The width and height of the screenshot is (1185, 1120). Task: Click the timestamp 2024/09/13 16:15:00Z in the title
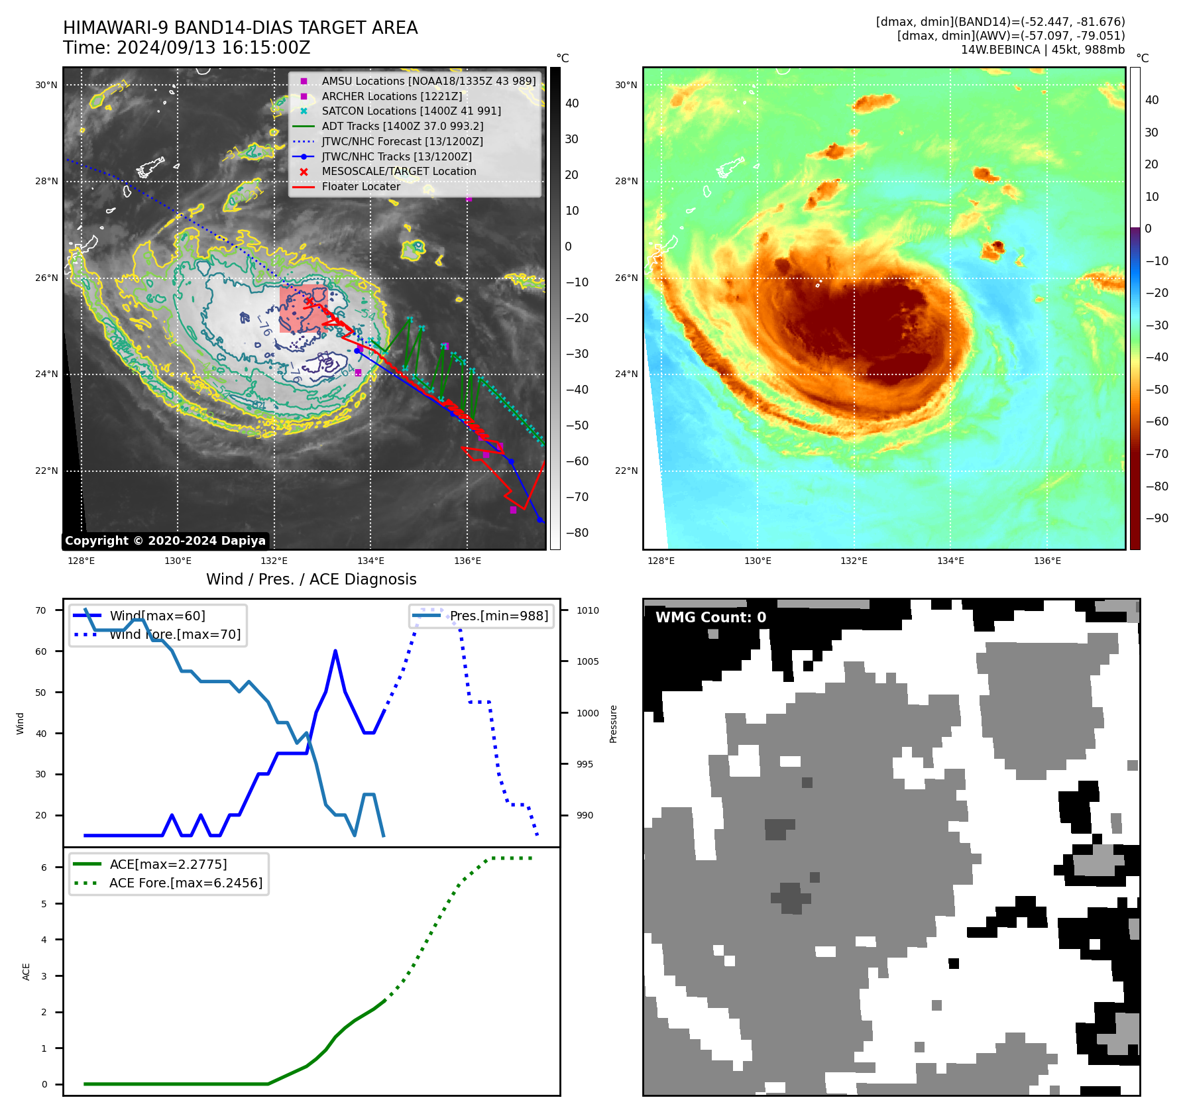pyautogui.click(x=213, y=48)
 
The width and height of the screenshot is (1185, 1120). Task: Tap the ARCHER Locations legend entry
pyautogui.click(x=392, y=96)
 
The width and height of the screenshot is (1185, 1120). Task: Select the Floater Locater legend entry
pyautogui.click(x=361, y=187)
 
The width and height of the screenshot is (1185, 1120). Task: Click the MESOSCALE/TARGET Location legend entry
pyautogui.click(x=398, y=172)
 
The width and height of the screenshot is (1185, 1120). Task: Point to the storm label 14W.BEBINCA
pyautogui.click(x=1000, y=50)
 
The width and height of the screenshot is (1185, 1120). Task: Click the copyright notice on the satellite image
pyautogui.click(x=165, y=541)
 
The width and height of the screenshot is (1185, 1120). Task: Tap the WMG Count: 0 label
pyautogui.click(x=710, y=618)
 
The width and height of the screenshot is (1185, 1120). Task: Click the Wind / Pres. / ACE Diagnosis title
pyautogui.click(x=311, y=579)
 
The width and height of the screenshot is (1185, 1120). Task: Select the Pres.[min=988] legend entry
pyautogui.click(x=498, y=616)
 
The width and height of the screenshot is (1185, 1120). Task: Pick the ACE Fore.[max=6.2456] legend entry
pyautogui.click(x=186, y=883)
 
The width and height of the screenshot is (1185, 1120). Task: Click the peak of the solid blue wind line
pyautogui.click(x=335, y=651)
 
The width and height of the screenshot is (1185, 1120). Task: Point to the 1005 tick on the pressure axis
pyautogui.click(x=587, y=661)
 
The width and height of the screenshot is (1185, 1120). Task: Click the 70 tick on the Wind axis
pyautogui.click(x=41, y=610)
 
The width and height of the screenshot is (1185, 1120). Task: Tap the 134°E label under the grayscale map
pyautogui.click(x=370, y=561)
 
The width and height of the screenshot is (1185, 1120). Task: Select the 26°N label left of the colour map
pyautogui.click(x=626, y=278)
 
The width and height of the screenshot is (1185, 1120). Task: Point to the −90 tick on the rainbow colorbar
pyautogui.click(x=1157, y=518)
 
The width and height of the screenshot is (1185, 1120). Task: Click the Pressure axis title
pyautogui.click(x=613, y=724)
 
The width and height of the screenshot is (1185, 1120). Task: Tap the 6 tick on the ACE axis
pyautogui.click(x=44, y=868)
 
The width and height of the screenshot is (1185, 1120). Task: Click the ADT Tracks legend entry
pyautogui.click(x=402, y=127)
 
